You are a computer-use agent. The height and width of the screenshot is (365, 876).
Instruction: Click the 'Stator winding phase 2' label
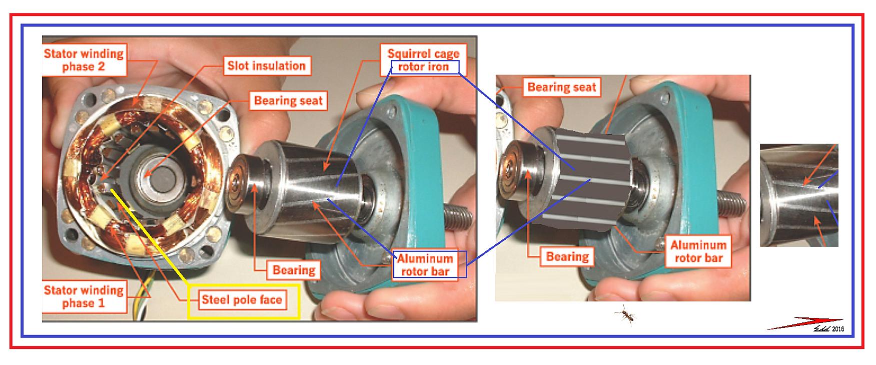click(84, 60)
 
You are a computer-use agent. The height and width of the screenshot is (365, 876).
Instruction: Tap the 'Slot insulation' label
click(266, 66)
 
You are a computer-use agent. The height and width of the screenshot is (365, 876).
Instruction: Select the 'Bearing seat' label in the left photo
click(289, 101)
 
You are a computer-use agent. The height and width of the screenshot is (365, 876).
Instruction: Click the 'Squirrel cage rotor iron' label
click(423, 60)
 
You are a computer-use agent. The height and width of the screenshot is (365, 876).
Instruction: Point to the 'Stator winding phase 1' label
click(84, 296)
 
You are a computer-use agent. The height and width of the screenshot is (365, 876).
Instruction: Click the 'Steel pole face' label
click(242, 300)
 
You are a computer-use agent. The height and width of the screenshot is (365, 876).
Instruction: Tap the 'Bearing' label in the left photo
click(294, 270)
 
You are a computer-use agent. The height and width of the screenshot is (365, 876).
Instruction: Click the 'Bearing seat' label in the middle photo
click(561, 87)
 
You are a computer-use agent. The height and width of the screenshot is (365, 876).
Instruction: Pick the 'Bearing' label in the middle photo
click(567, 257)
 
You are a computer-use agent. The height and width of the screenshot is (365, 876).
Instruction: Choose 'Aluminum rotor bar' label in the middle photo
click(698, 251)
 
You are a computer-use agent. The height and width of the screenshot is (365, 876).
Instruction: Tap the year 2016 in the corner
click(838, 329)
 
